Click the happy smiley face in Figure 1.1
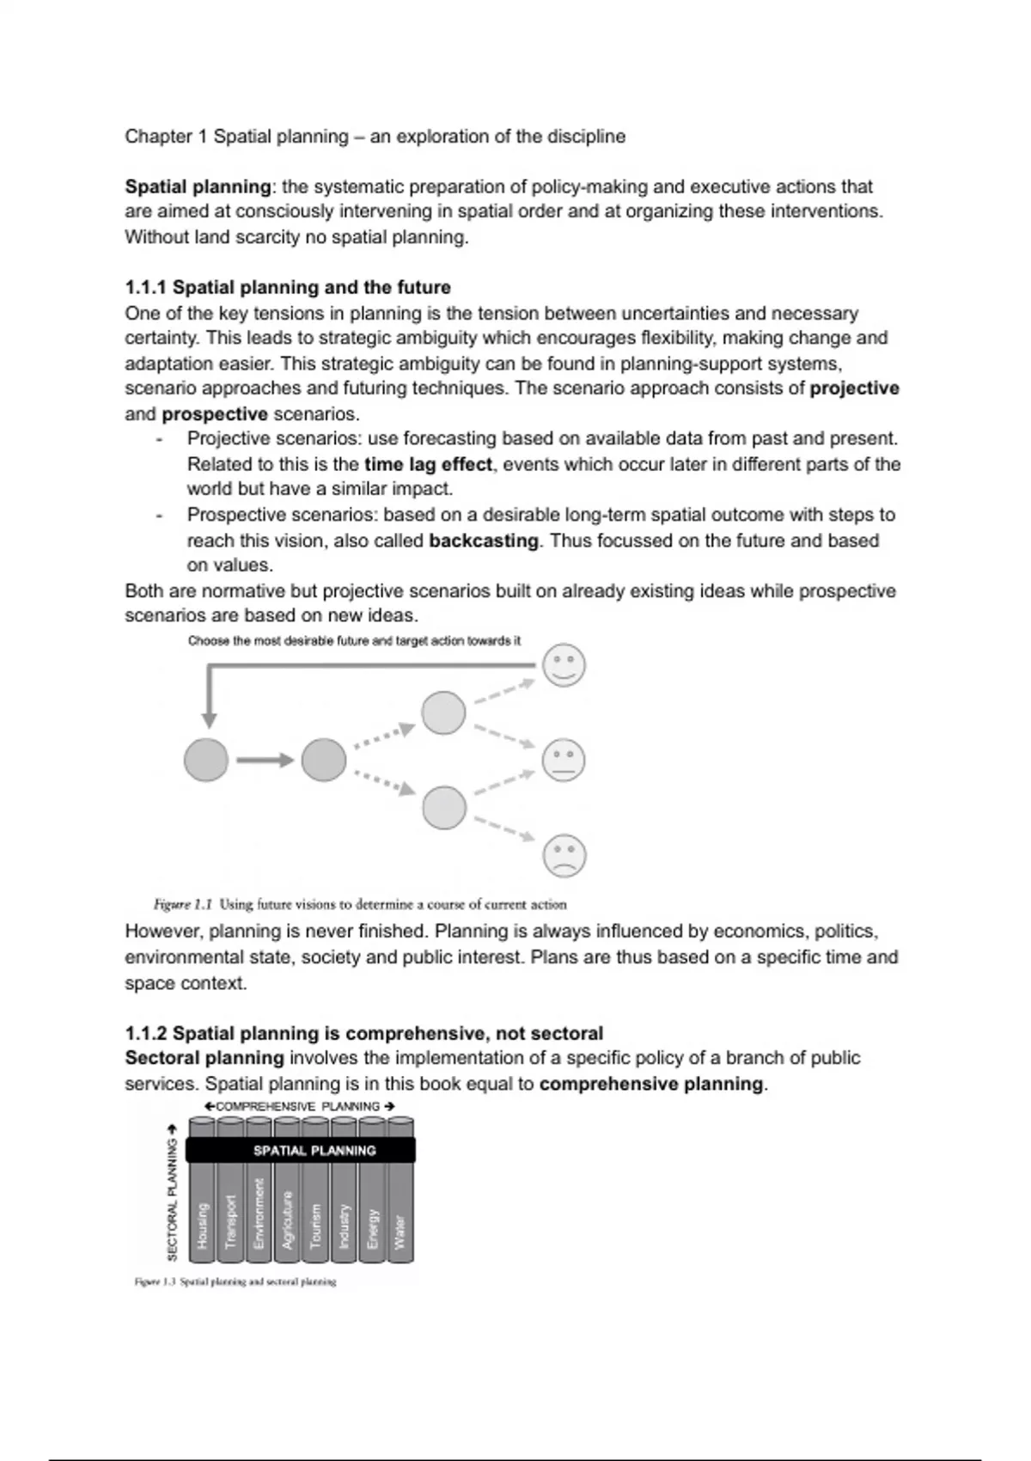click(x=564, y=666)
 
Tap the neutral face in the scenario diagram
click(x=564, y=761)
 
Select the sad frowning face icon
click(x=564, y=856)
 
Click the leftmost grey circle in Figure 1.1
click(x=206, y=760)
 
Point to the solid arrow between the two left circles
click(x=265, y=760)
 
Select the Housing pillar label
click(x=203, y=1225)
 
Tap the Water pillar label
click(x=400, y=1232)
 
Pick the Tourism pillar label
click(x=315, y=1226)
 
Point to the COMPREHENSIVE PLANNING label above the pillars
click(x=298, y=1106)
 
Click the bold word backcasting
click(x=484, y=541)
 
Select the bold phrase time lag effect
click(x=428, y=464)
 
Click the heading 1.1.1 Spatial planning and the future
click(x=288, y=287)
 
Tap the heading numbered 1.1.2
click(x=363, y=1033)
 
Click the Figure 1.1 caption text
click(x=360, y=904)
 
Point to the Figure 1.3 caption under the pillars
click(x=235, y=1281)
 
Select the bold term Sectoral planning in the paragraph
click(x=204, y=1058)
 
